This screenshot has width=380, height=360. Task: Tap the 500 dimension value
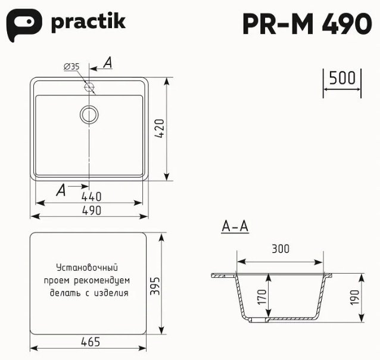tap(342, 78)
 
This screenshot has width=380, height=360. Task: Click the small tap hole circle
tap(90, 88)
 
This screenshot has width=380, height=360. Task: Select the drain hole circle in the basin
tap(90, 114)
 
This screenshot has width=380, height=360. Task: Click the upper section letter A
tap(108, 63)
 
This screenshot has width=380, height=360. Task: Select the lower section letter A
tap(60, 190)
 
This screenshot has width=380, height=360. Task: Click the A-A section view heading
tap(234, 226)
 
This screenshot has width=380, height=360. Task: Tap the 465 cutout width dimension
tap(88, 342)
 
